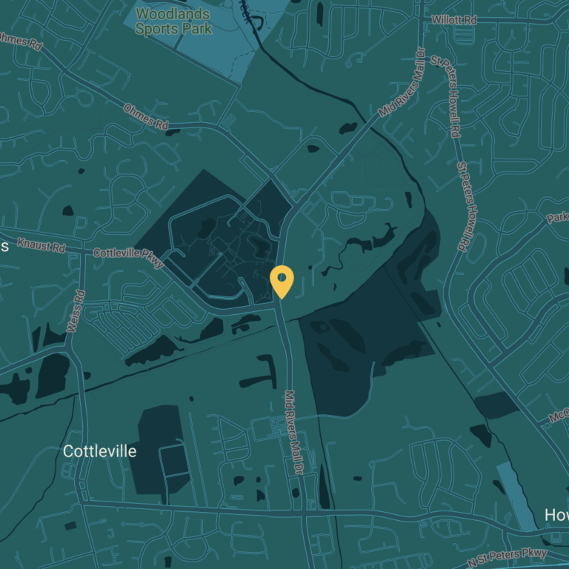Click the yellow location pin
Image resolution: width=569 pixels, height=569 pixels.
point(282,281)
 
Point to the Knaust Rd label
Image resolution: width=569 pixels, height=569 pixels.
point(41,243)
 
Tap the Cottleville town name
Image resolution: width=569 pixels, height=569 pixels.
point(99,451)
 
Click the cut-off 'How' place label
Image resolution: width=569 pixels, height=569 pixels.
point(556,514)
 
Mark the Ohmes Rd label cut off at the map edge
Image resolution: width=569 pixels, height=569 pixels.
point(20,41)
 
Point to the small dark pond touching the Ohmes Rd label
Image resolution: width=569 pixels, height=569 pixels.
point(173,133)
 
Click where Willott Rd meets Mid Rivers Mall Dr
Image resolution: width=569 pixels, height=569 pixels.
point(422,20)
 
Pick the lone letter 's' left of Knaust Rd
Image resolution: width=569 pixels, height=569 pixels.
point(4,245)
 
